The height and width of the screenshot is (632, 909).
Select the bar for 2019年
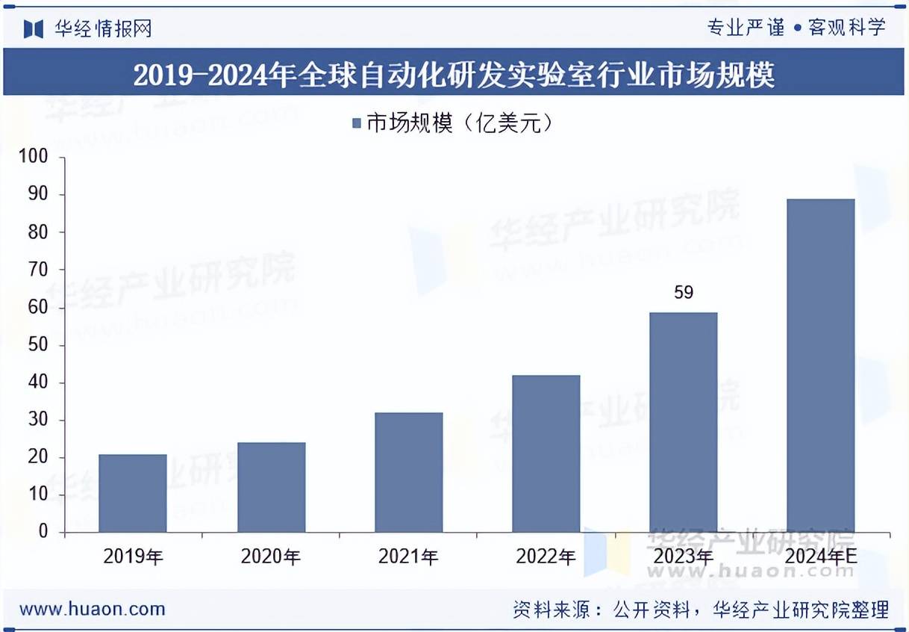(133, 493)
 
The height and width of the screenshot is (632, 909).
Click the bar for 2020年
(271, 487)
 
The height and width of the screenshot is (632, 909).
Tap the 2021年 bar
(408, 472)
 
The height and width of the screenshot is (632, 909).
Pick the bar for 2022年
(546, 453)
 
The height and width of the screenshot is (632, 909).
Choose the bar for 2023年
(683, 422)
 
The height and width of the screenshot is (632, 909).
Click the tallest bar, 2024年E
(820, 365)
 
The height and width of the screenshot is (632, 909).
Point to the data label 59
(684, 293)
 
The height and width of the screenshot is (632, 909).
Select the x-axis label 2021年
(408, 557)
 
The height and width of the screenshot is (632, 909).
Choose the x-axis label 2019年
(134, 557)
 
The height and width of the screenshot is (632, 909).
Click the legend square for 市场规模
(357, 123)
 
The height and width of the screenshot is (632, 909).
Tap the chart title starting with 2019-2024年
(454, 75)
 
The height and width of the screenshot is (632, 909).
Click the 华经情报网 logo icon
(33, 28)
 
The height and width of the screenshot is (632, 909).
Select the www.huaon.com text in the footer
(92, 609)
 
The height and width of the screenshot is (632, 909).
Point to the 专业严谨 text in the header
(746, 28)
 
